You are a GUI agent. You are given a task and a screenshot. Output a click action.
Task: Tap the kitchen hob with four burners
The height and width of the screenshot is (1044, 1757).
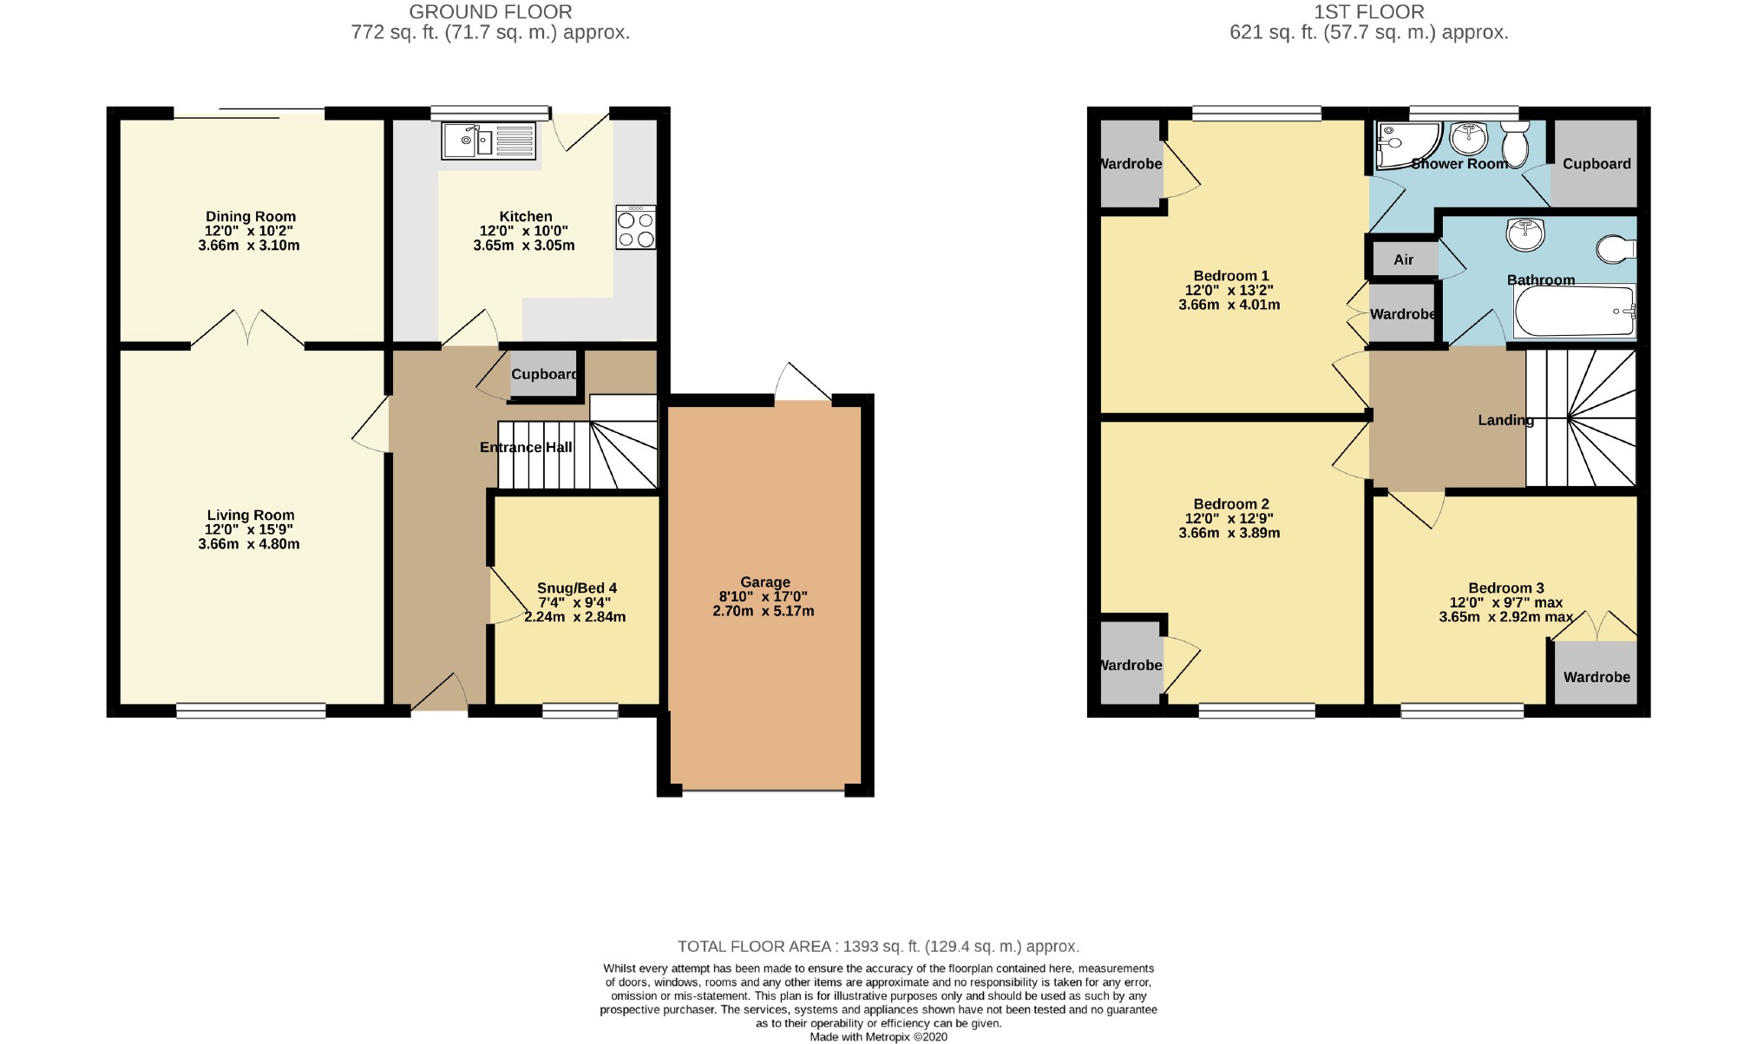(x=635, y=228)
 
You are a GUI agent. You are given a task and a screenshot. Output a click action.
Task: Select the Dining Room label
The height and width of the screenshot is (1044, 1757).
(x=250, y=216)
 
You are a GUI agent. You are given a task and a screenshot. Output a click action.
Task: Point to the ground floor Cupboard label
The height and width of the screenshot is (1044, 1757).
(x=544, y=375)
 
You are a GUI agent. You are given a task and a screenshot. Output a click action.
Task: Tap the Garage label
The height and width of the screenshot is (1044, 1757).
(x=764, y=582)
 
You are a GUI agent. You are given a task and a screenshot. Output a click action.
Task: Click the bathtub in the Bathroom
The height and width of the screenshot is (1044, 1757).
(x=1573, y=311)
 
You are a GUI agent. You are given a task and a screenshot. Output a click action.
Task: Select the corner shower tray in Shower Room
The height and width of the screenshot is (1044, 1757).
(x=1404, y=144)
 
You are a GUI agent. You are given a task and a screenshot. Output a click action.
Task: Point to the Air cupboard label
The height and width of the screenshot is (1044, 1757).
(x=1403, y=259)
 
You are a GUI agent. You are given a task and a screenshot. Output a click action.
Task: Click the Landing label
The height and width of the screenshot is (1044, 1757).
(x=1505, y=420)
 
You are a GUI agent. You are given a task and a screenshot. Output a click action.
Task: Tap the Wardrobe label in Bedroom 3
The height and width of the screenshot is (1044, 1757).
(x=1596, y=677)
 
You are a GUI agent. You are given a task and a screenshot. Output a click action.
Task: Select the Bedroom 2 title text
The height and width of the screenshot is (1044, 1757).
(x=1230, y=503)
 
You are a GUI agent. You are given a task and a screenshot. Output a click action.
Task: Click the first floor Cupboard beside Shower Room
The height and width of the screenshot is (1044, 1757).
(x=1596, y=164)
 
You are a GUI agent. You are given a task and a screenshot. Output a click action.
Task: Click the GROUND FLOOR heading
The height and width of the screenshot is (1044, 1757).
(x=490, y=12)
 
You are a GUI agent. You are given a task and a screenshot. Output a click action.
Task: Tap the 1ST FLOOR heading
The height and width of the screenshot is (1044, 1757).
(x=1368, y=12)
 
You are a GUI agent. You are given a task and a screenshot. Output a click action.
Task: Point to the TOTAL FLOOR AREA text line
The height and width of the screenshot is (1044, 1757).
(x=878, y=946)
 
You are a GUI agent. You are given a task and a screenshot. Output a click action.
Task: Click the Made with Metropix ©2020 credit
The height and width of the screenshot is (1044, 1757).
(x=878, y=1036)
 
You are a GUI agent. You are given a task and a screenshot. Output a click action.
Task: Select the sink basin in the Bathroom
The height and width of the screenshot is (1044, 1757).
(x=1524, y=234)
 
